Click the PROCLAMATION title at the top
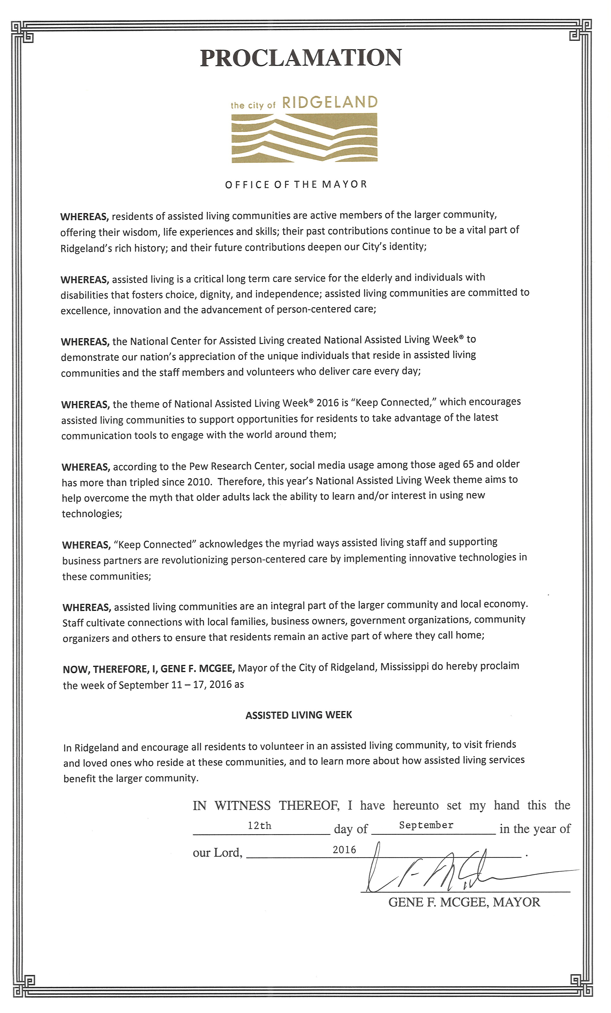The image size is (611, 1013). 301,58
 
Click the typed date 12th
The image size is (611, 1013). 259,825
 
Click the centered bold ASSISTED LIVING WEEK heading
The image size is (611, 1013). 299,715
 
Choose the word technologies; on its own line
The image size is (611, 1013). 92,514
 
